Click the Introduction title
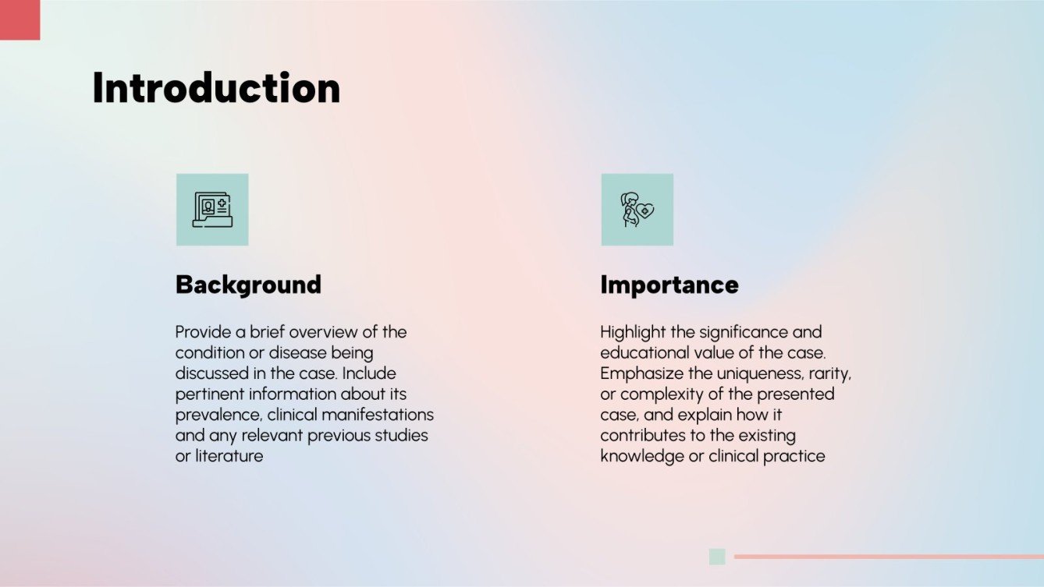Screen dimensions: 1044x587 point(216,87)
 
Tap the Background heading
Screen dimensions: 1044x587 point(248,285)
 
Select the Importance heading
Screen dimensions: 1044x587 point(669,285)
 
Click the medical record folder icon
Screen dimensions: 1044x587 point(212,210)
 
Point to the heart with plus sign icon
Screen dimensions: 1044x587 point(645,211)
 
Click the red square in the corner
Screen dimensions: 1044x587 point(20,19)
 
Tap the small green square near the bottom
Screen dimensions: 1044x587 point(717,557)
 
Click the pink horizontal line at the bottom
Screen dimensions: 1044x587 point(889,557)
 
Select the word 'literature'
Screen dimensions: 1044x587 point(229,456)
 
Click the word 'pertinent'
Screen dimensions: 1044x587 point(210,394)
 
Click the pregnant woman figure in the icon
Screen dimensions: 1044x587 point(629,210)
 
